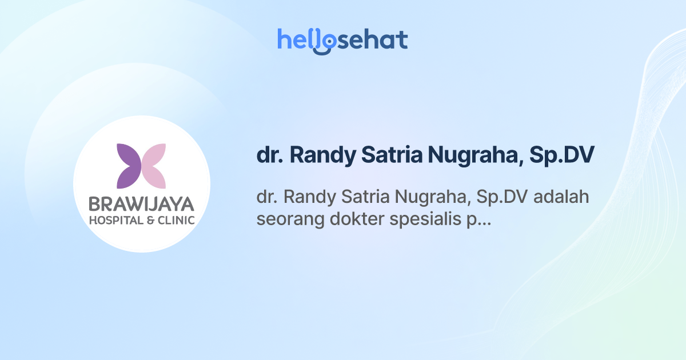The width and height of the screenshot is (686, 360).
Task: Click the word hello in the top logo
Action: (x=297, y=39)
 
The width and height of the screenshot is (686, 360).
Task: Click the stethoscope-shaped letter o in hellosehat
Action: (x=324, y=42)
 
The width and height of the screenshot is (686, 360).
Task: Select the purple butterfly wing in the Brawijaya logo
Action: (x=129, y=166)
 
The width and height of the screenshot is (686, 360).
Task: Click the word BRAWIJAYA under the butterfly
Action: (x=141, y=204)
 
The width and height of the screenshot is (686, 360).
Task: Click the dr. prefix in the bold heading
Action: (x=269, y=155)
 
